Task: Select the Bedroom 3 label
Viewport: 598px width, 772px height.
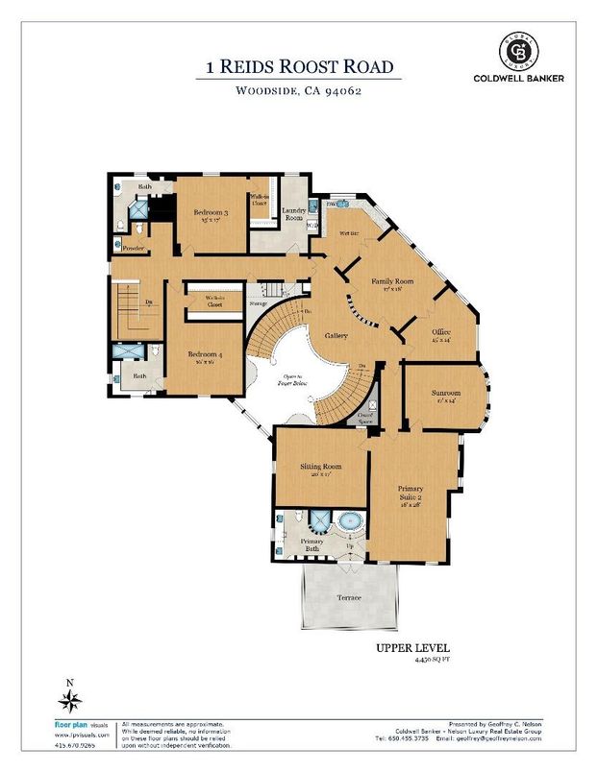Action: (210, 212)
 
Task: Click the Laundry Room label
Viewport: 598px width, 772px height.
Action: (293, 216)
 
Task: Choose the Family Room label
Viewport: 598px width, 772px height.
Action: (392, 281)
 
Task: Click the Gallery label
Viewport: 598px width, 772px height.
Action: (335, 336)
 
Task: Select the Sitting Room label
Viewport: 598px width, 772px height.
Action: (322, 467)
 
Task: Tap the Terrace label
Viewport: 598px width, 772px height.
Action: (349, 597)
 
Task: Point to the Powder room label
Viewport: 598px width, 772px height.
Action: (133, 247)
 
